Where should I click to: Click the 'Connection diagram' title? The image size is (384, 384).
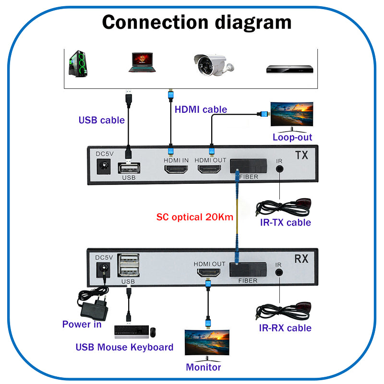tap(197, 22)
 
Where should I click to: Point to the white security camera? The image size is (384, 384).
tap(211, 64)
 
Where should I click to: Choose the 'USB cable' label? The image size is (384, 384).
tap(101, 120)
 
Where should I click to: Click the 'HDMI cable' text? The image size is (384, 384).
tap(201, 109)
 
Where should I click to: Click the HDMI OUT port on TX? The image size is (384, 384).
tap(210, 169)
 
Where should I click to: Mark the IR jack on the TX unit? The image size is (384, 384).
tap(279, 169)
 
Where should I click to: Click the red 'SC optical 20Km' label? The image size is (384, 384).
tap(195, 217)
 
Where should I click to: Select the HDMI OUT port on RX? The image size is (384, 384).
tap(208, 274)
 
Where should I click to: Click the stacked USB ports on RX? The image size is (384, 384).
tap(129, 265)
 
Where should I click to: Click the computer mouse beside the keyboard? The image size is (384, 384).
tap(153, 332)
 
